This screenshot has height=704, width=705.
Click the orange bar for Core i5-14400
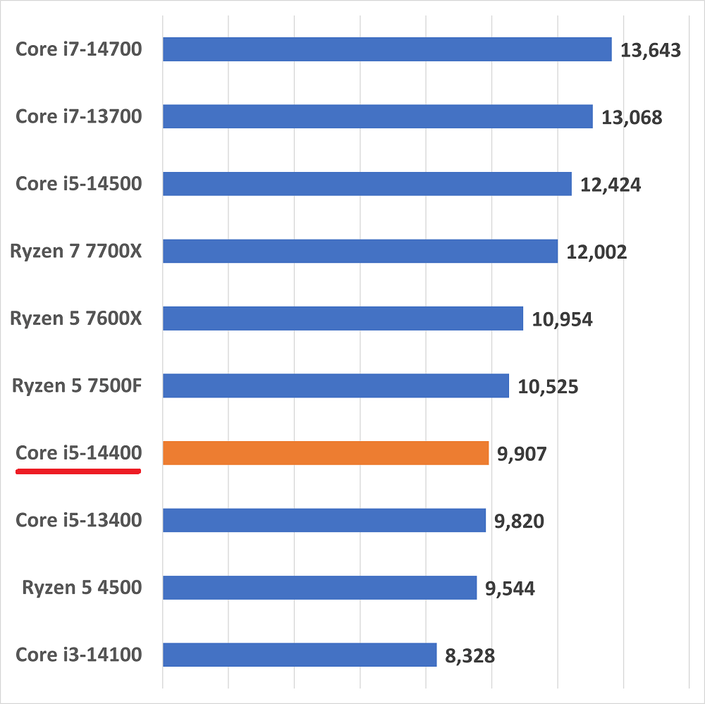[x=326, y=453]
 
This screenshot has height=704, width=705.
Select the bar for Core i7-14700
[x=387, y=49]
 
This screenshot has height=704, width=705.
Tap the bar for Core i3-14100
[x=300, y=655]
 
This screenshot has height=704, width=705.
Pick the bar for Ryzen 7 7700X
[x=360, y=251]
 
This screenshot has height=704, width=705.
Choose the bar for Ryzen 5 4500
[x=319, y=588]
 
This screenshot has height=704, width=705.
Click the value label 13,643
[x=650, y=50]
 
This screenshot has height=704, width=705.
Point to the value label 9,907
[x=522, y=454]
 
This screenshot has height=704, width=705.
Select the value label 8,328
[x=470, y=656]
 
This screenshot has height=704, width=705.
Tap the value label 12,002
[x=596, y=252]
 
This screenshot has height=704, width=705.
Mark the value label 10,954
[x=562, y=319]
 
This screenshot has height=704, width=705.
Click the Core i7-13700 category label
[x=79, y=116]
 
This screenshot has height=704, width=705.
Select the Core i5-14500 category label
[x=79, y=184]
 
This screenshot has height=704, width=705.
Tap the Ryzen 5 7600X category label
[x=76, y=319]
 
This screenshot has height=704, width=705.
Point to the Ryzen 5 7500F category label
[x=77, y=386]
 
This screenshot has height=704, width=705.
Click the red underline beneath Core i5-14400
[x=78, y=472]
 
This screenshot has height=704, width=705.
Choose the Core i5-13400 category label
[x=79, y=520]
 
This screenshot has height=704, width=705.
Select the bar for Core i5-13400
[x=324, y=520]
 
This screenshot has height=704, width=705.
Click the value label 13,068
[x=632, y=117]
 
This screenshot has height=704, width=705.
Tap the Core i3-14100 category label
[x=79, y=655]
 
